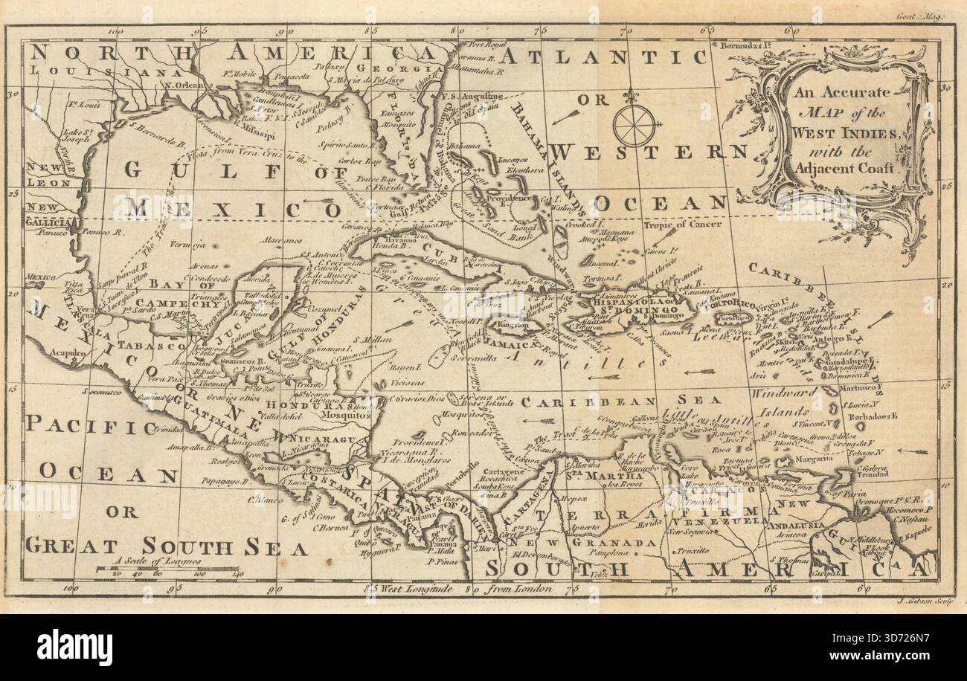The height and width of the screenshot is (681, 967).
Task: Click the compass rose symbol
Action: [634, 123]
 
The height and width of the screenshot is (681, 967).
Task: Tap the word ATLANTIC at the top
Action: [603, 57]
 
